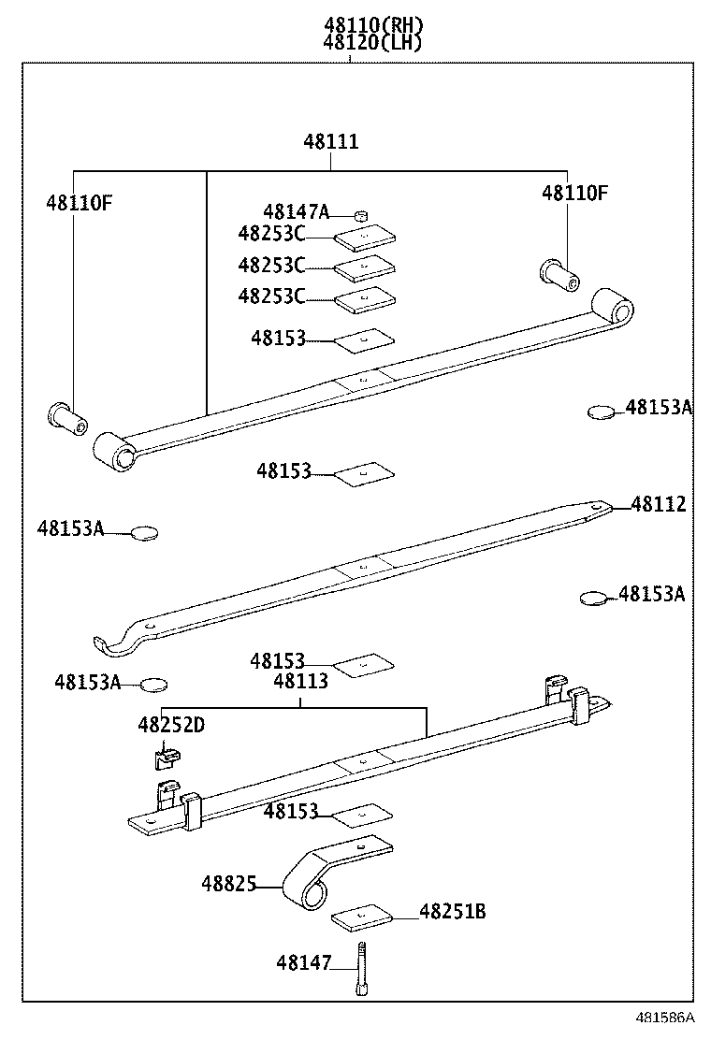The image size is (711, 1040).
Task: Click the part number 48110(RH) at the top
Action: (372, 25)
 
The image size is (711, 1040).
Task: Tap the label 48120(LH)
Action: (372, 42)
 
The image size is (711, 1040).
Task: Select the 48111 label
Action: (330, 142)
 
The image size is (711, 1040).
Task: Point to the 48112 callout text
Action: (658, 505)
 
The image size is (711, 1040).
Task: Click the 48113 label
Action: (300, 682)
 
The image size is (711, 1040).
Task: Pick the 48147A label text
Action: (296, 212)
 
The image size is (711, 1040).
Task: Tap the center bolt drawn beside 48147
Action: (360, 970)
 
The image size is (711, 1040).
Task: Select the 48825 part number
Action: (228, 884)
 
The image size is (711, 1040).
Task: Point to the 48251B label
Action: (452, 911)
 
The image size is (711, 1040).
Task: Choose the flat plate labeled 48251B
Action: (363, 917)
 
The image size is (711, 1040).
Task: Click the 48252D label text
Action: (172, 725)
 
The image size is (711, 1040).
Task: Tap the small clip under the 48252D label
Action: (166, 752)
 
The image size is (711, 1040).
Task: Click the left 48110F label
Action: (79, 201)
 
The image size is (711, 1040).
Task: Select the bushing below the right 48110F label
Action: (560, 272)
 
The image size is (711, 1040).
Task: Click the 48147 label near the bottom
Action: (303, 961)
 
